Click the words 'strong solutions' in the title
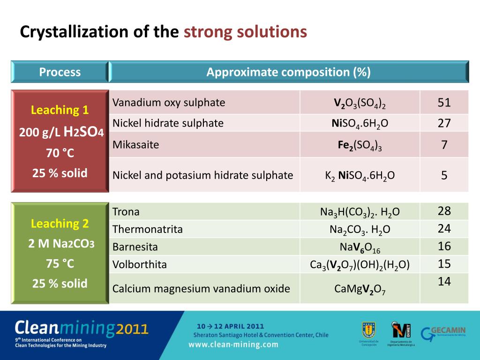245,32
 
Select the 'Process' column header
60,72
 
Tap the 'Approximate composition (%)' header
288,72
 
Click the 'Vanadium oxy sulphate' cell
169,103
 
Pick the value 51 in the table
444,103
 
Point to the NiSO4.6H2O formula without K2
360,123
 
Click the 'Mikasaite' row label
136,145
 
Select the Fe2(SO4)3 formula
360,145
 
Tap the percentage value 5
444,175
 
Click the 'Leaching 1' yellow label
60,110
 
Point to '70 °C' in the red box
60,153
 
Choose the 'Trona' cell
126,212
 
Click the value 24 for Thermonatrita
444,228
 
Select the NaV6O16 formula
360,247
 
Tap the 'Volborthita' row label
140,264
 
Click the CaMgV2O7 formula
360,289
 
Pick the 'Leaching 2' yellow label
60,224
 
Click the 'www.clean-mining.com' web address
233,345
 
